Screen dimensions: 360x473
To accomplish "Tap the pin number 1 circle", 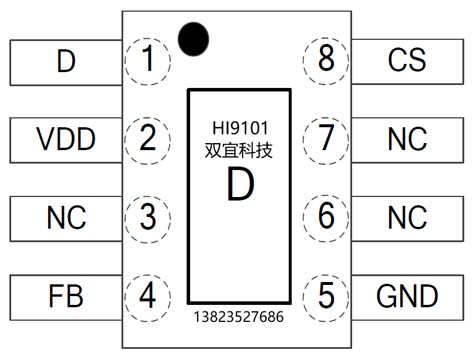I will [x=148, y=60].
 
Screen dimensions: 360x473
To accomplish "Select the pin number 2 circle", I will [x=148, y=139].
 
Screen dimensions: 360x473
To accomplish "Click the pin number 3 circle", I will [x=148, y=218].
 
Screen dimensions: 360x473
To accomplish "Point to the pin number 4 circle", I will [x=148, y=297].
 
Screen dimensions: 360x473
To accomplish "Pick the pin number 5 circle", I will [x=326, y=297].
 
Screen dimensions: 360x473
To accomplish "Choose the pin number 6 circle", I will [x=326, y=218].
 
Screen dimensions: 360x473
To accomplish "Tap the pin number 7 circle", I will [x=326, y=139].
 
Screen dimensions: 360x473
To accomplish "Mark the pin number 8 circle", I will [x=326, y=60].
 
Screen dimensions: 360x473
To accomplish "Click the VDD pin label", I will [x=66, y=140].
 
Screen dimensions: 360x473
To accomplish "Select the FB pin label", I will [x=66, y=297].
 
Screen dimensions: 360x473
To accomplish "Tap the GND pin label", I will [x=407, y=297].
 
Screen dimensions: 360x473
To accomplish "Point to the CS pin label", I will [x=407, y=60].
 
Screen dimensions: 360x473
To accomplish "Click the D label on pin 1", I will [x=66, y=61].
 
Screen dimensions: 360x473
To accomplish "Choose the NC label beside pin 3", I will [x=66, y=218].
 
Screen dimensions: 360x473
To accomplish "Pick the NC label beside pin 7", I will [x=407, y=140].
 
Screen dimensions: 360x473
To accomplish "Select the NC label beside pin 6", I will [x=407, y=218].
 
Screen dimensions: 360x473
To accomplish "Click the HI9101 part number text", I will [x=239, y=128].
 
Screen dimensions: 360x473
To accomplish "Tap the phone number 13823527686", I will [x=239, y=317].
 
